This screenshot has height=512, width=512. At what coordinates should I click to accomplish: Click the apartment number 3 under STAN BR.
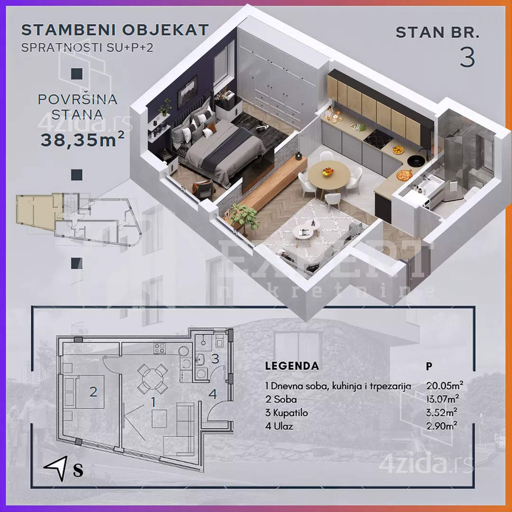(x=467, y=57)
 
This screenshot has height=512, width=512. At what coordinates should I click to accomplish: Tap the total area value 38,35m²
(x=82, y=139)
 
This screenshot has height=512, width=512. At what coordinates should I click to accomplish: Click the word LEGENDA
(x=292, y=366)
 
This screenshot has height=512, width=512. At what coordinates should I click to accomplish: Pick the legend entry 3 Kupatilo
(x=286, y=413)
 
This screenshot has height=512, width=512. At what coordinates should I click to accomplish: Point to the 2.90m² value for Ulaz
(x=441, y=426)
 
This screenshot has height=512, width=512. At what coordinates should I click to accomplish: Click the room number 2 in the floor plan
(x=93, y=392)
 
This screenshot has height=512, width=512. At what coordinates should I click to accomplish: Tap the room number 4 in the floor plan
(x=212, y=394)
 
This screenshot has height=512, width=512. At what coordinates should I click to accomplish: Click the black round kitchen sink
(x=416, y=160)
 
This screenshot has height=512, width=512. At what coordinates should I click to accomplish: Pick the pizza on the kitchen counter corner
(x=404, y=174)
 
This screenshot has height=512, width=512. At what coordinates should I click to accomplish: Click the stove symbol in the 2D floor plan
(x=160, y=348)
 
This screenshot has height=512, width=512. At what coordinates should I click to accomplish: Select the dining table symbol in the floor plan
(x=153, y=379)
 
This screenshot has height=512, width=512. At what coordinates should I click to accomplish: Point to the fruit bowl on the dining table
(x=328, y=172)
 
